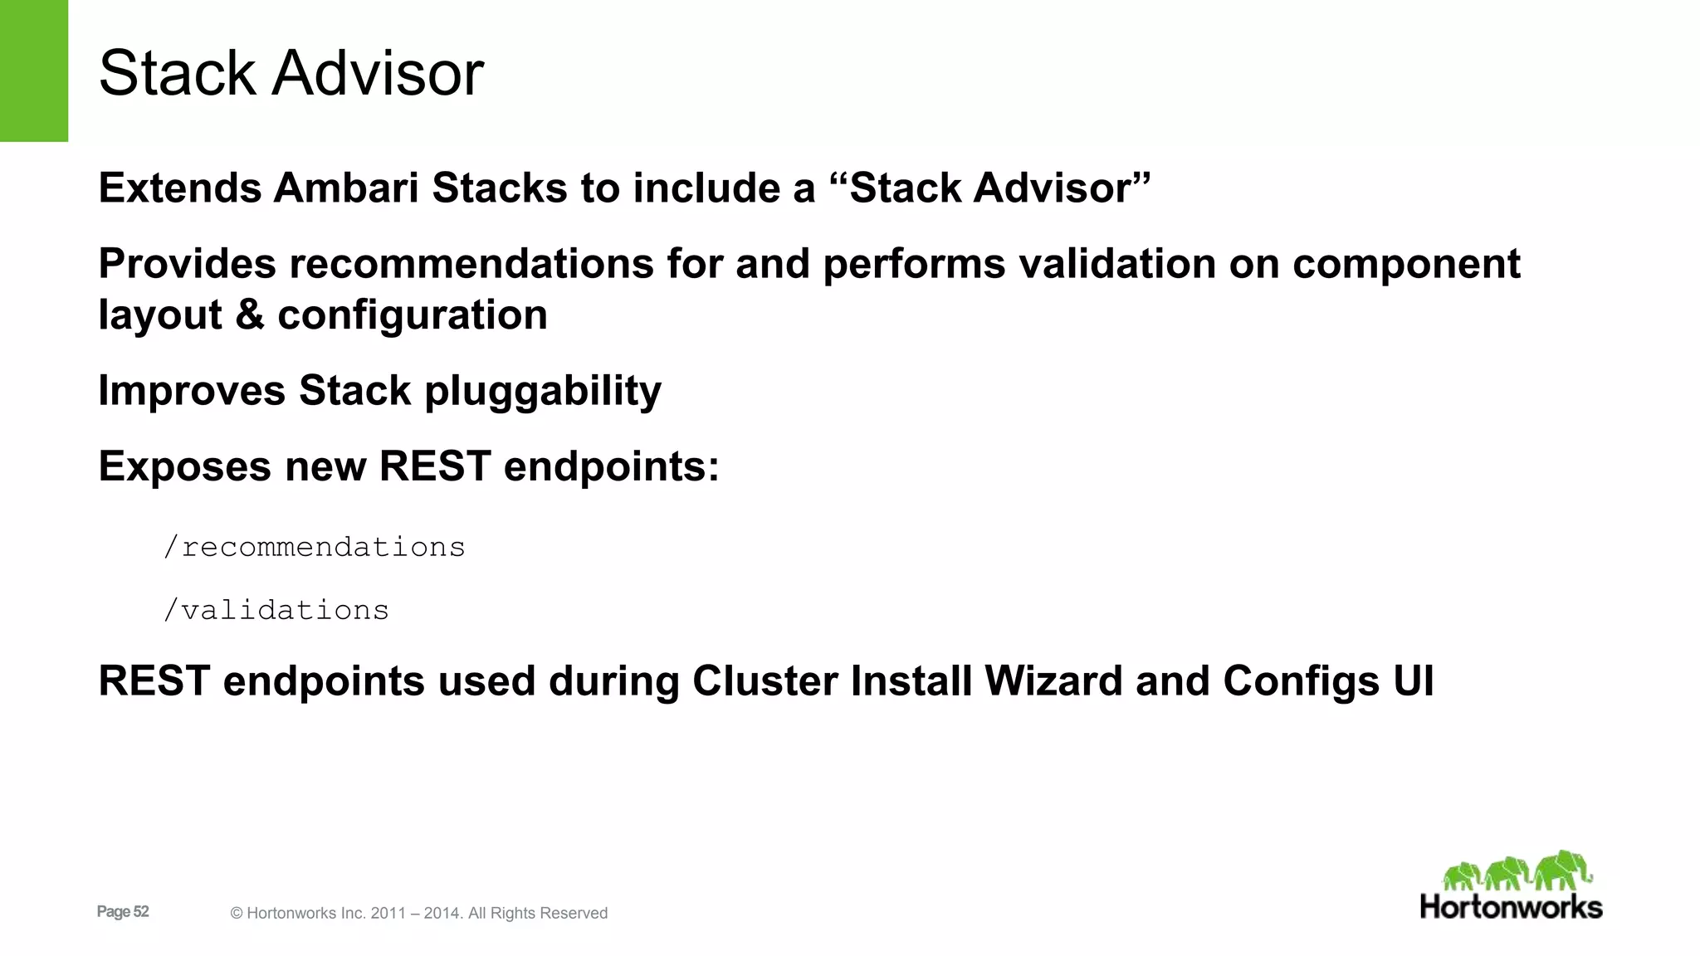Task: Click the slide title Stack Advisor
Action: pos(291,73)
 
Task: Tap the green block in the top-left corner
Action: pos(33,71)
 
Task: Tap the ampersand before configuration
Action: pos(249,315)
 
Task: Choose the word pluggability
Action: pos(543,391)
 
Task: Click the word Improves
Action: pos(192,391)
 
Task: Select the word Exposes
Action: pos(184,466)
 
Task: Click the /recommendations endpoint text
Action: pos(314,548)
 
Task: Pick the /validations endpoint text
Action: pos(276,611)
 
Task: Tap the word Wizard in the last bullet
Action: pos(1053,681)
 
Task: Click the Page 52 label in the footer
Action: pos(123,912)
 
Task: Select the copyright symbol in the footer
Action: pos(237,914)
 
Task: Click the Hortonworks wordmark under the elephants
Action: pos(1511,907)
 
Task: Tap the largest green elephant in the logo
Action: pos(1562,870)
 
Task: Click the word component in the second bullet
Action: pos(1406,264)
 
